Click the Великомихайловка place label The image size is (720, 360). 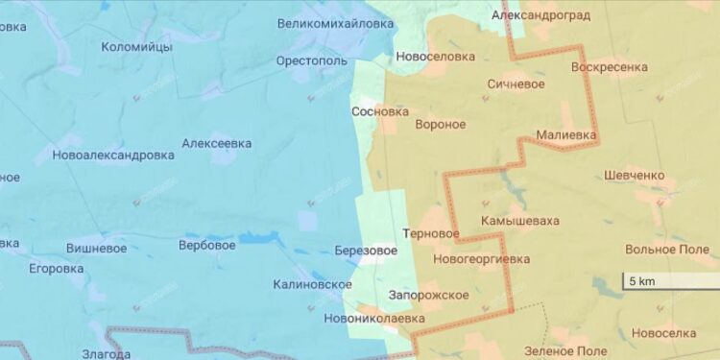(x=335, y=22)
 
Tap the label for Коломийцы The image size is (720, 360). (x=136, y=46)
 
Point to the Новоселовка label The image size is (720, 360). (x=436, y=57)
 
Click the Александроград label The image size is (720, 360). (x=540, y=15)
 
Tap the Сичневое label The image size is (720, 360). (x=516, y=84)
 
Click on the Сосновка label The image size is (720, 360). (x=381, y=110)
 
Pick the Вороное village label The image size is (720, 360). (x=440, y=125)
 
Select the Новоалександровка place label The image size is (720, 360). (x=113, y=155)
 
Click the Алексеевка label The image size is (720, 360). (x=217, y=143)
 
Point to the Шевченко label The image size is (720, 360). (x=635, y=175)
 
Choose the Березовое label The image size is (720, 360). (x=366, y=251)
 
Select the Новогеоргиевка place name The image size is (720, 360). (x=481, y=258)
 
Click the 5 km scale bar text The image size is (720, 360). (x=641, y=281)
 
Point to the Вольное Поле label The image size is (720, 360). (x=666, y=249)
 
